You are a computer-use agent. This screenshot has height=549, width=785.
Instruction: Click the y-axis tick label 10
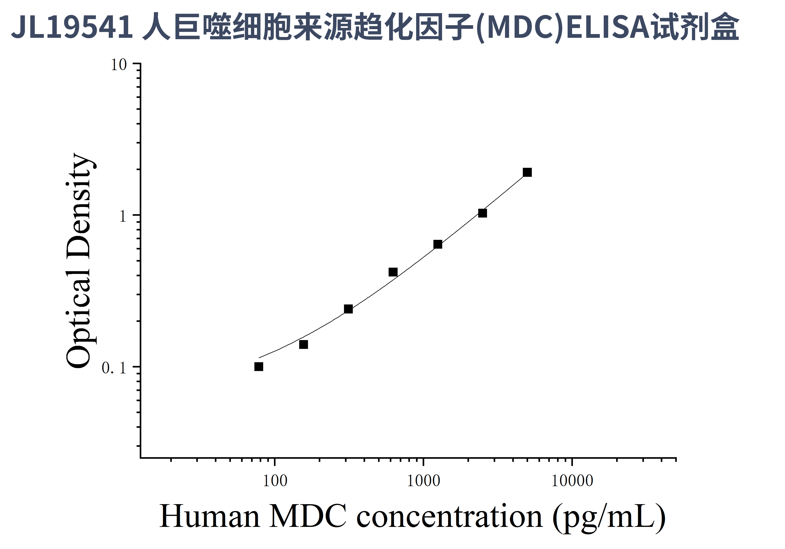coord(119,65)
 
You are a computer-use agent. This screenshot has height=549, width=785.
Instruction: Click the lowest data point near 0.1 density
coord(259,367)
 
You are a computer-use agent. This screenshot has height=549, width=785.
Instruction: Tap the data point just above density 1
coord(482,213)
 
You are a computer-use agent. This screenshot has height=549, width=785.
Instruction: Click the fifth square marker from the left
coord(438,244)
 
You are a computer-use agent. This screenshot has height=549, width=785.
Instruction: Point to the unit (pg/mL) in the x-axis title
coord(609,518)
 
